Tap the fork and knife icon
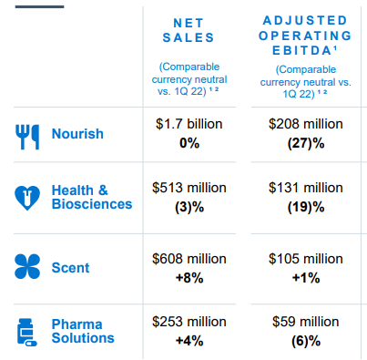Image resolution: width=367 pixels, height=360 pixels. point(28,134)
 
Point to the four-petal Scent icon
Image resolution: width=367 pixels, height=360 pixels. point(28,267)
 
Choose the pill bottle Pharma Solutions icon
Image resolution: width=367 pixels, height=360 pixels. point(28,331)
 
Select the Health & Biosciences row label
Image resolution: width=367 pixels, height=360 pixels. point(92,197)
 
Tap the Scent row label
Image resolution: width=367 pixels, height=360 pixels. point(71,267)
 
